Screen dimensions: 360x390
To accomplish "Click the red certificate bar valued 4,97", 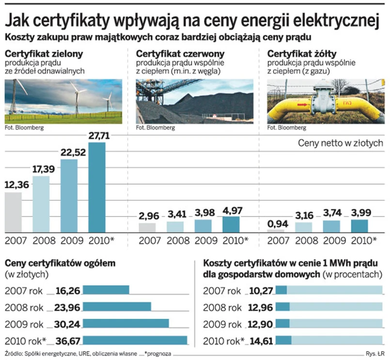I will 231,224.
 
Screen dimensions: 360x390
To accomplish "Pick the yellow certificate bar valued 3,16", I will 304,227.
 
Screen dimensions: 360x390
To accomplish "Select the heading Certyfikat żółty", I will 296,53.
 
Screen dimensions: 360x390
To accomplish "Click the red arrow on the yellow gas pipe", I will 302,105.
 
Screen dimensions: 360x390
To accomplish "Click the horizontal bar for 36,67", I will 135,340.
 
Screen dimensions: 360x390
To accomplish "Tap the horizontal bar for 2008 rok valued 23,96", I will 117,307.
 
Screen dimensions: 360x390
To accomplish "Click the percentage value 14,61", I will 262,340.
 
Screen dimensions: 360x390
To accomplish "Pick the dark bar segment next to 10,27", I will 281,290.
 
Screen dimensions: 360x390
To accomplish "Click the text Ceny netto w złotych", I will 340,143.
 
